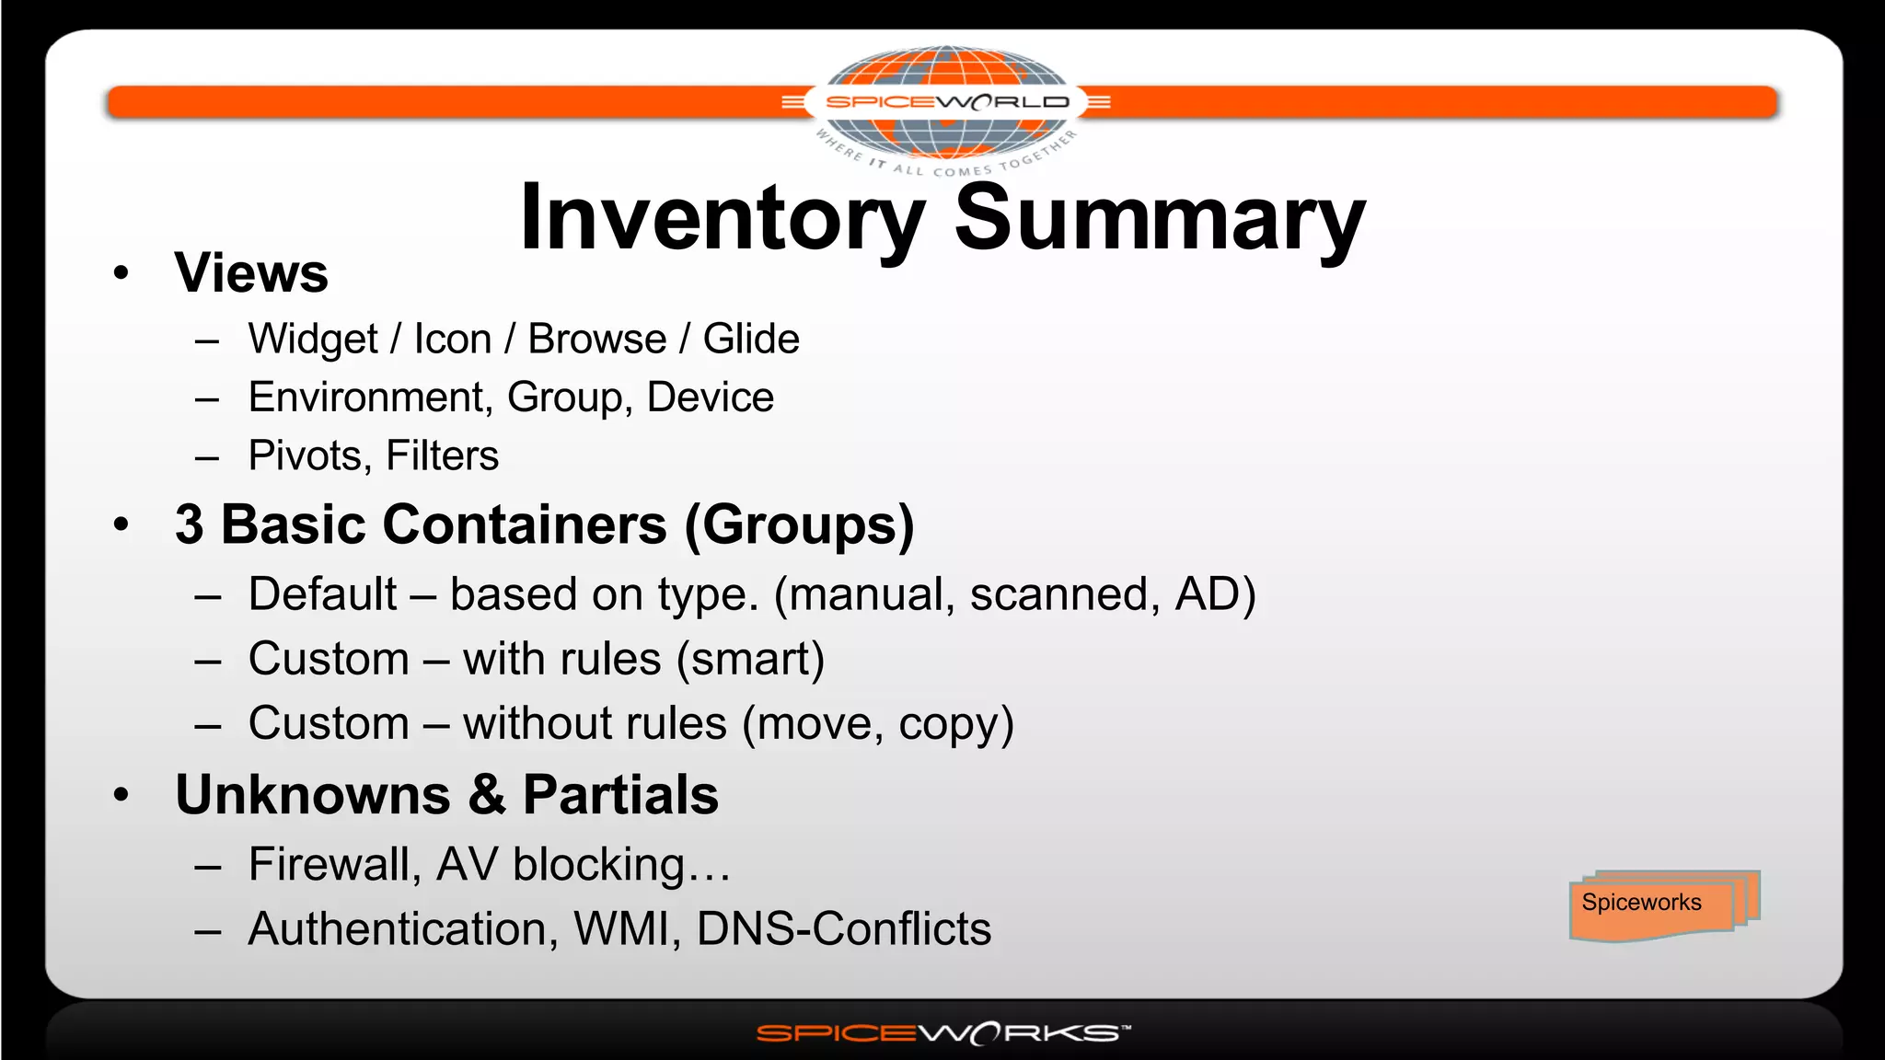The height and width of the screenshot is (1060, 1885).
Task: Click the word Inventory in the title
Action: (x=722, y=219)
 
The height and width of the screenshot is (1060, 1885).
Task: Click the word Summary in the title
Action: (x=1160, y=219)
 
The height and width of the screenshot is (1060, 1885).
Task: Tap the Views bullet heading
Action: (x=251, y=273)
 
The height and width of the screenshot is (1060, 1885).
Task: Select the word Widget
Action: (x=313, y=340)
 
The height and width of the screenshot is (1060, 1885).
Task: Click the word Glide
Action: (x=751, y=340)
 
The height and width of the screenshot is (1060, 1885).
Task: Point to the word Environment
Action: (x=365, y=397)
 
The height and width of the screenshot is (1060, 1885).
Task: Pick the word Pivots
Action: (x=306, y=455)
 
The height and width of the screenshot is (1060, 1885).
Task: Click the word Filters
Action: (x=442, y=455)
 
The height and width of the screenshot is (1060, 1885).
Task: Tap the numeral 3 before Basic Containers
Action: (x=190, y=525)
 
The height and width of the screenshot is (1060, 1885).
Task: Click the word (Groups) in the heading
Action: (x=800, y=525)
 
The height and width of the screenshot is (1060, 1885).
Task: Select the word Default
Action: (x=323, y=594)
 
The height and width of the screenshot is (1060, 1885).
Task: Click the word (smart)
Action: (x=750, y=660)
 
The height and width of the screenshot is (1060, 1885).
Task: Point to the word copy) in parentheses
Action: (x=956, y=724)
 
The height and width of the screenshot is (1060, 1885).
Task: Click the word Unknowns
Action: (x=313, y=795)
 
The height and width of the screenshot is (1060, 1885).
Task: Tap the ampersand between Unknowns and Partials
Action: (x=487, y=795)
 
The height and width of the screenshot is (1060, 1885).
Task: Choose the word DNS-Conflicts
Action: (x=844, y=929)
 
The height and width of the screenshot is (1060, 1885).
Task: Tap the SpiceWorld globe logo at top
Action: (x=946, y=102)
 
